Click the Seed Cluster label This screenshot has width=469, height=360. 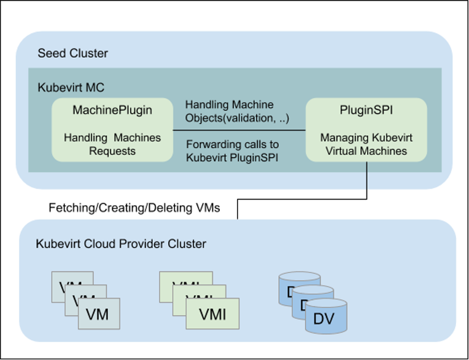(x=72, y=53)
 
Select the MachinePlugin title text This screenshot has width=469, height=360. (x=112, y=110)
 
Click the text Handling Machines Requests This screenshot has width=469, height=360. (x=112, y=144)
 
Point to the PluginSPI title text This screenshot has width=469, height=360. (x=366, y=110)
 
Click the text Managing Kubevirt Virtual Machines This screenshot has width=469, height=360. (x=366, y=144)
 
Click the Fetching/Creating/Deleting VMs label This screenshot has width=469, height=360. (x=134, y=209)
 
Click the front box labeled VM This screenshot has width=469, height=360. (x=98, y=315)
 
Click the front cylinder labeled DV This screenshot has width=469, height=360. (x=326, y=318)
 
